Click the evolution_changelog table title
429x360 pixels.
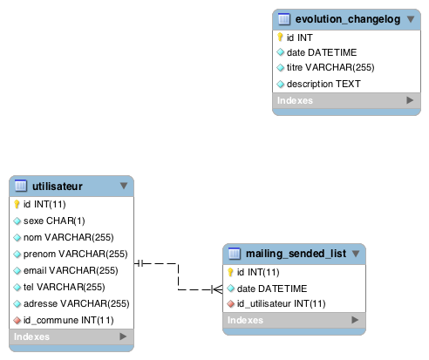348,19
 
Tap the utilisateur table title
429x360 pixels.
58,187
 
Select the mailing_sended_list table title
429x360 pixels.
296,254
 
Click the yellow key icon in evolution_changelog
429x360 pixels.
280,37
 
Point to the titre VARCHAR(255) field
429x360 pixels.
330,67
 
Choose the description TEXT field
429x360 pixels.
323,84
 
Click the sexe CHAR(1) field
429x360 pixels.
54,221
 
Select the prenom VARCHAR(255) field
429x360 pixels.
76,254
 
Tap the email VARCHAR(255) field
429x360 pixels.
71,270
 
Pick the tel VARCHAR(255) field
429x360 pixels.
65,287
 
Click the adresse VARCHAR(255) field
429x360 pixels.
77,303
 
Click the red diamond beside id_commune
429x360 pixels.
17,320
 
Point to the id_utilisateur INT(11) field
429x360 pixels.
281,303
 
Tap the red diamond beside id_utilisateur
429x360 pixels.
230,303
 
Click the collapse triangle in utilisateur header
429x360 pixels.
124,186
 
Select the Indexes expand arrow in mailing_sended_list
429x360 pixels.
355,320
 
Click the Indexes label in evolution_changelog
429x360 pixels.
295,100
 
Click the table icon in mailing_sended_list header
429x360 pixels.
235,254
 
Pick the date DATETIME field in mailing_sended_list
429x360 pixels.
272,289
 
